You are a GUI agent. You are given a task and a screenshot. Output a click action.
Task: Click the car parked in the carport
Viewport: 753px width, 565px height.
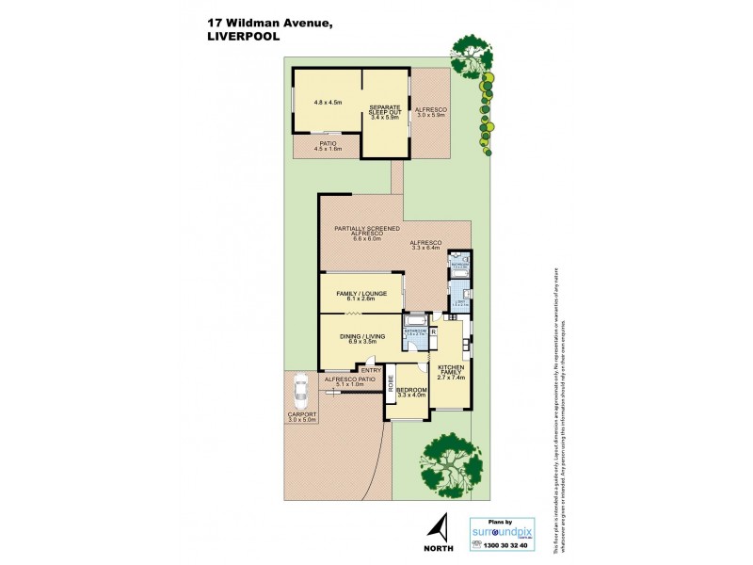pyautogui.click(x=300, y=388)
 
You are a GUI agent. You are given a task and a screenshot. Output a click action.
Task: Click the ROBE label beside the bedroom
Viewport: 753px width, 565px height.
pyautogui.click(x=388, y=386)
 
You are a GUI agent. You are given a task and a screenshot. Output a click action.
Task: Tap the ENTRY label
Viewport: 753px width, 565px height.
pyautogui.click(x=372, y=370)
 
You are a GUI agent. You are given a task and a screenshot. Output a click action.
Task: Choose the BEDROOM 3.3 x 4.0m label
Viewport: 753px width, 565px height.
pyautogui.click(x=412, y=392)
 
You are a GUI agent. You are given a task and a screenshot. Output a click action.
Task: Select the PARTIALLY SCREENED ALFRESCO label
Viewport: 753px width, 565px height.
pyautogui.click(x=361, y=233)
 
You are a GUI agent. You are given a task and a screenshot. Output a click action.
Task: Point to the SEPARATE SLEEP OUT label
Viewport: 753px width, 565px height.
pyautogui.click(x=386, y=111)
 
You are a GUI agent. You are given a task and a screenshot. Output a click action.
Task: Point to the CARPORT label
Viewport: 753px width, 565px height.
pyautogui.click(x=303, y=416)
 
